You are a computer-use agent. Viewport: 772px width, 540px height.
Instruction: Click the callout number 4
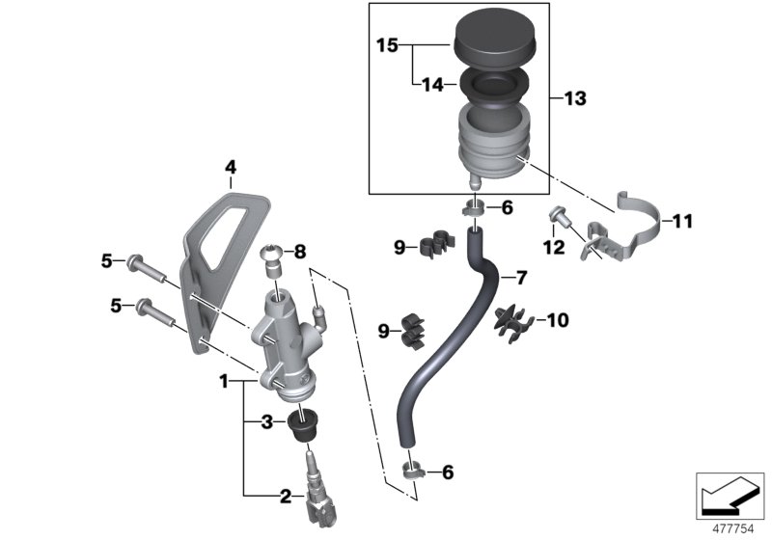[x=230, y=168]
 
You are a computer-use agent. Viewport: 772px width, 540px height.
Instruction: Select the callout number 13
[x=575, y=98]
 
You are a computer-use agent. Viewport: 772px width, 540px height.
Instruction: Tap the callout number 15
[x=387, y=45]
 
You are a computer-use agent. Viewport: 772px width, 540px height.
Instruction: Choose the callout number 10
[x=560, y=318]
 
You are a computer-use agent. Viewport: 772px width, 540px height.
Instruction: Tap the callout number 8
[x=300, y=253]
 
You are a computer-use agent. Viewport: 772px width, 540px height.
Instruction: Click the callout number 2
[x=285, y=497]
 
